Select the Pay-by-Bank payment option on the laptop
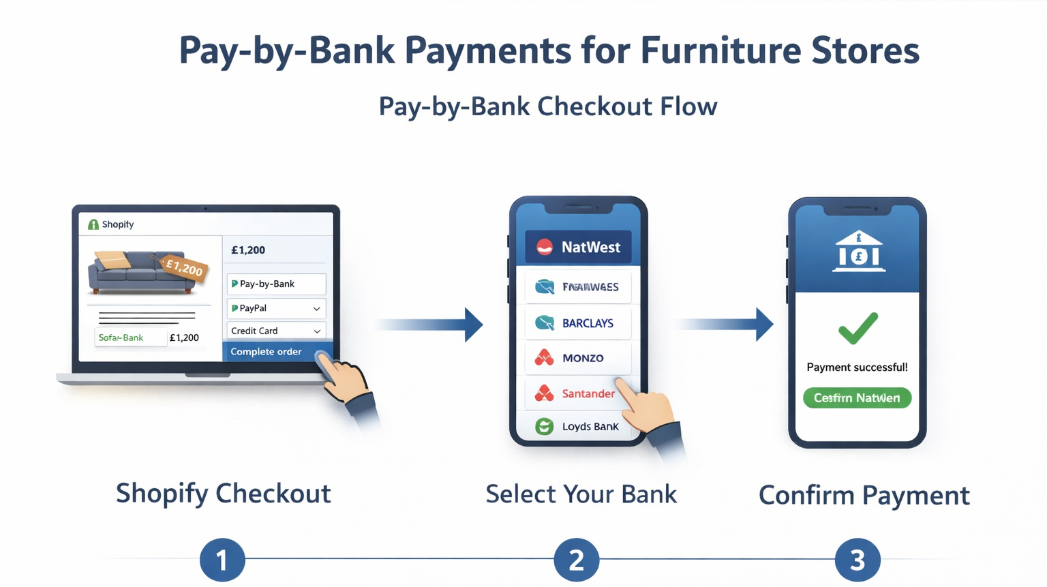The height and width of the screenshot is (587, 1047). [x=276, y=284]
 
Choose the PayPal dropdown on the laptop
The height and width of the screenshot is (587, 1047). [x=276, y=308]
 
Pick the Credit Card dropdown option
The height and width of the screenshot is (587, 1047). [x=276, y=331]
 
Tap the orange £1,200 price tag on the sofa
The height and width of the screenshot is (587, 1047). [x=184, y=267]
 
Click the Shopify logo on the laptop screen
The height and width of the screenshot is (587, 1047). [x=93, y=224]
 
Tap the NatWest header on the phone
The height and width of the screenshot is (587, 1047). [x=578, y=247]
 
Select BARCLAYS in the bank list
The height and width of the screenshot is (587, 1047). [x=578, y=323]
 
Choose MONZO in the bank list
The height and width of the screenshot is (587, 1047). [x=578, y=358]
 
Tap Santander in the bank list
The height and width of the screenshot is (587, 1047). [x=578, y=393]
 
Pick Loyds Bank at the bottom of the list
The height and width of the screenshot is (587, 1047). [x=578, y=427]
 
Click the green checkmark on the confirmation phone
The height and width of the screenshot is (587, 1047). [x=858, y=328]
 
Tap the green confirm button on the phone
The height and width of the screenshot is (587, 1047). [x=857, y=398]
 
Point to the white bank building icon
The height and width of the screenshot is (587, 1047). [x=858, y=252]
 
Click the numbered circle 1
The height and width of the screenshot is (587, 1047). [x=222, y=560]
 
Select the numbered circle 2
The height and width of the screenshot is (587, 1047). [x=576, y=560]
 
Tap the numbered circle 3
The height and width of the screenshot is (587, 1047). [x=858, y=560]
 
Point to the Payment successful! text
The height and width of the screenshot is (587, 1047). [x=857, y=367]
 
